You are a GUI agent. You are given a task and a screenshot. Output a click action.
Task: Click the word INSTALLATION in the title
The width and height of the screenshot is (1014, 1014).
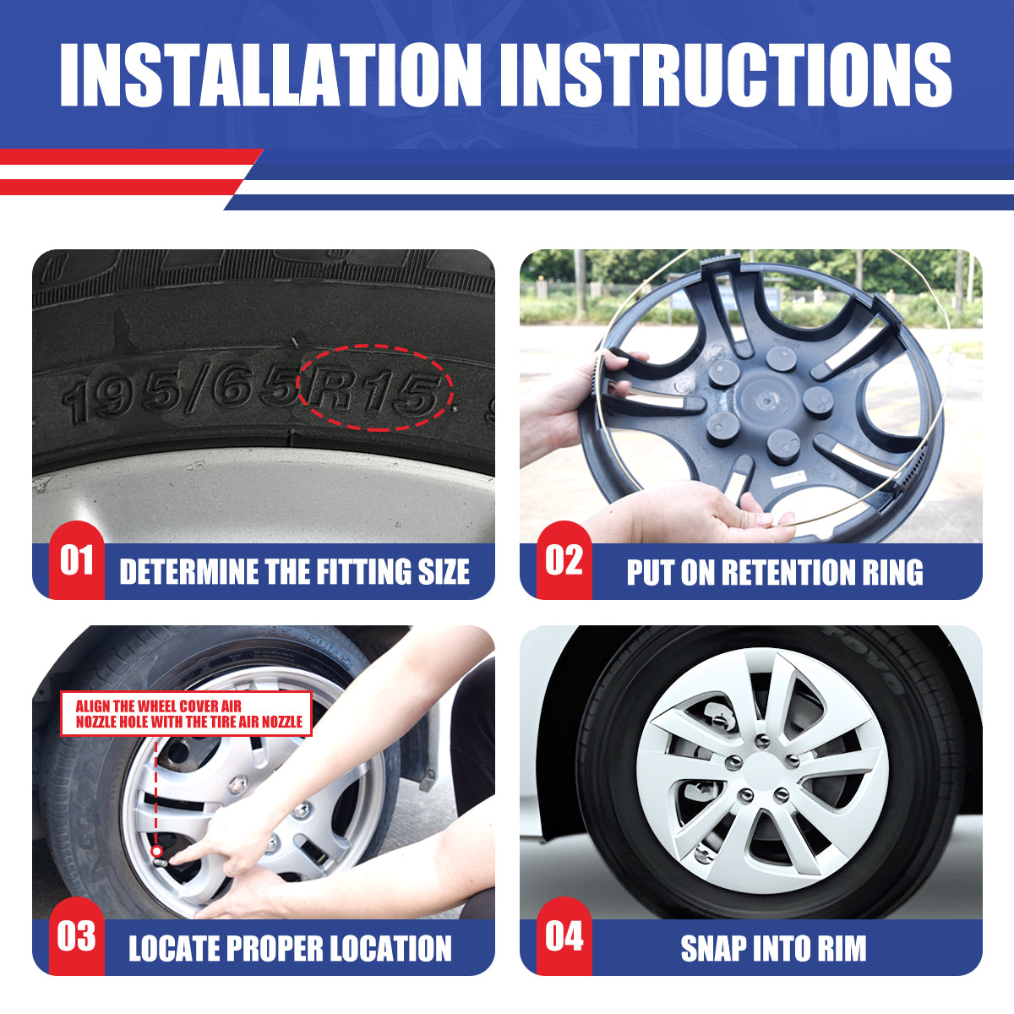(x=270, y=74)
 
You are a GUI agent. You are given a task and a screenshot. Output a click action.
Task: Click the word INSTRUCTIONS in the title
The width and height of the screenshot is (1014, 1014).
(x=726, y=74)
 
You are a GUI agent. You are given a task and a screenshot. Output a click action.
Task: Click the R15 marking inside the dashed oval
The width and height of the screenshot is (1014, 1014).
(x=374, y=390)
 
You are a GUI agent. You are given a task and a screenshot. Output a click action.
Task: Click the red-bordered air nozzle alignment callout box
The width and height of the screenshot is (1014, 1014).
(x=186, y=713)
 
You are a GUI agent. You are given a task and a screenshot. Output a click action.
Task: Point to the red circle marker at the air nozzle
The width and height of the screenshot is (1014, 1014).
(x=156, y=851)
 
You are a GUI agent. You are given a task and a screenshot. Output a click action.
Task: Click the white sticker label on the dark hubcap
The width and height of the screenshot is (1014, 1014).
(x=788, y=479)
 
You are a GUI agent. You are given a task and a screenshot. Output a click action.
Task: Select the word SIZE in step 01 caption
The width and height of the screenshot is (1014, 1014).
(x=444, y=572)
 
